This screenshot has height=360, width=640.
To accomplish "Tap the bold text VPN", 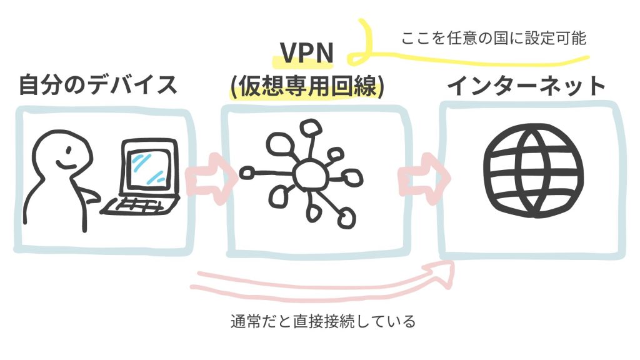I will [307, 55].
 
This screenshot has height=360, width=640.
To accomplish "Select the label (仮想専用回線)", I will [306, 86].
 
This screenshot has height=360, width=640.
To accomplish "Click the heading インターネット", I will [526, 86].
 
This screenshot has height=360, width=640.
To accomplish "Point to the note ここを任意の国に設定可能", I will [494, 38].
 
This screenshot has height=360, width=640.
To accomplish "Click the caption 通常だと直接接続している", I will [322, 322].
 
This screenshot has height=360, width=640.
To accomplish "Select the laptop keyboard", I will [140, 204].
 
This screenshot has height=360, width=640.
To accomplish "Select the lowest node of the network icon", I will [344, 217].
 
